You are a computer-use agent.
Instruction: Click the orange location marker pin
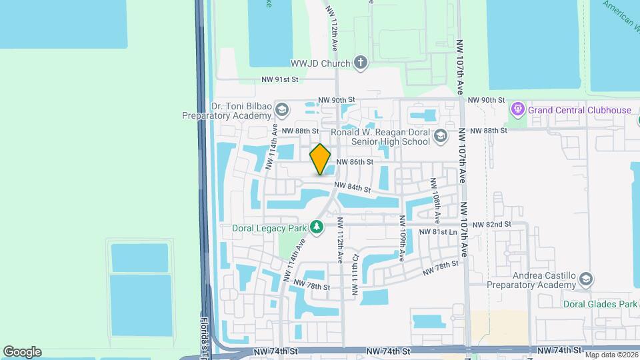[x=321, y=159]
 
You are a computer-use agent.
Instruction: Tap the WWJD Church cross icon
[x=361, y=63]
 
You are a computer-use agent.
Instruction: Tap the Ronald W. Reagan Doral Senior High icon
[x=439, y=137]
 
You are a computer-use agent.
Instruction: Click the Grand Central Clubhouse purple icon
[x=517, y=109]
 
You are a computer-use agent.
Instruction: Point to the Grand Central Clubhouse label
[x=579, y=110]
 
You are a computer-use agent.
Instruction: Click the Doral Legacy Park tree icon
[x=317, y=228]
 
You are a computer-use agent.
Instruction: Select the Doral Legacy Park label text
[x=269, y=228]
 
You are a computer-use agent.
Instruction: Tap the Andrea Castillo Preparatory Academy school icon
[x=586, y=279]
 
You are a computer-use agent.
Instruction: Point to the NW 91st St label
[x=279, y=79]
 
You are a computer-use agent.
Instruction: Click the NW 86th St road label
[x=354, y=161]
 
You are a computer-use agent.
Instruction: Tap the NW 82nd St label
[x=491, y=225]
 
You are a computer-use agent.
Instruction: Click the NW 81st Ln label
[x=438, y=232]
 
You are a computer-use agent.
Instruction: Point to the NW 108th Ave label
[x=435, y=200]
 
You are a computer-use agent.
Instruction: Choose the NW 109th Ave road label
[x=403, y=238]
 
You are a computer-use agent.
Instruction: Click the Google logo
[x=22, y=351]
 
